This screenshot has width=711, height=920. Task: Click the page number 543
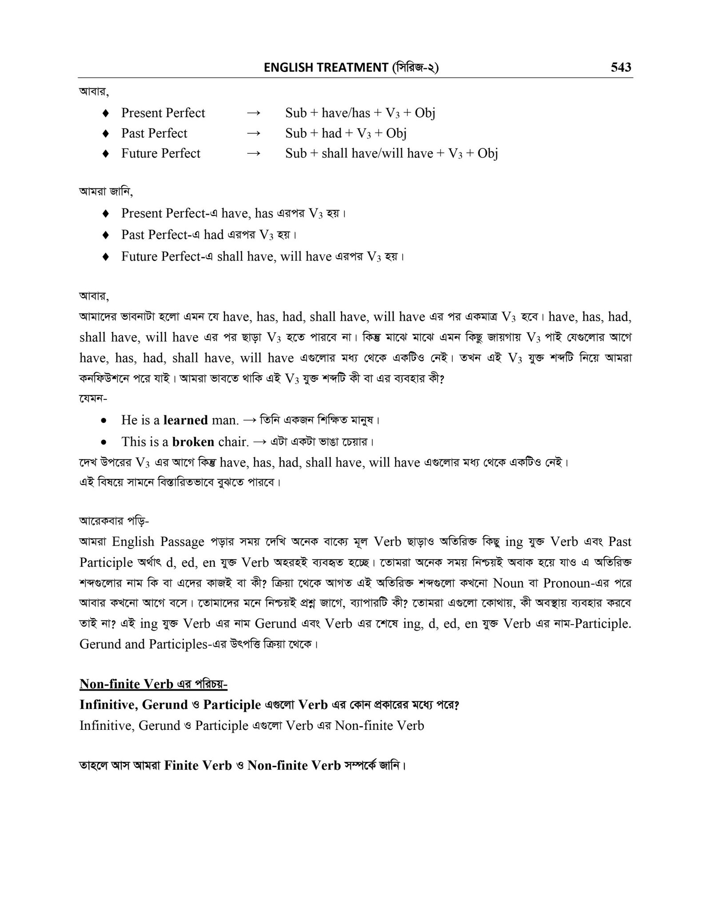(x=621, y=67)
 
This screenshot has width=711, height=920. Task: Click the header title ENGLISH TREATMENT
(x=326, y=68)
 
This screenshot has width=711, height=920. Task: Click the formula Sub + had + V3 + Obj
(x=346, y=133)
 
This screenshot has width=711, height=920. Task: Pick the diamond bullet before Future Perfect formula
(x=106, y=154)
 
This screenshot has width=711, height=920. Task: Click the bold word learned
(x=185, y=420)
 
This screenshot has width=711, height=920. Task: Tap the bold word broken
(x=193, y=442)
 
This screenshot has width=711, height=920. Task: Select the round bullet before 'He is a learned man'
(x=104, y=420)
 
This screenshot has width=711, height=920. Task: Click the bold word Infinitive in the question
(x=108, y=705)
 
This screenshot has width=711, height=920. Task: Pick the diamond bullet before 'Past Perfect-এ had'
(x=106, y=235)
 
